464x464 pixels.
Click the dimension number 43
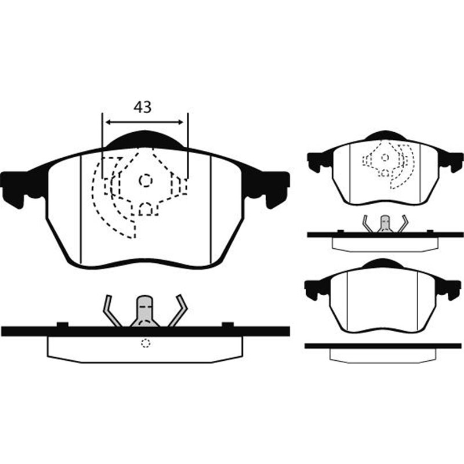[143, 107]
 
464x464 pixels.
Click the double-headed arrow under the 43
[145, 122]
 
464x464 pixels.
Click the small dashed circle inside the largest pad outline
[145, 180]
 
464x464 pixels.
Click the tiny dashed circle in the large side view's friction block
[145, 343]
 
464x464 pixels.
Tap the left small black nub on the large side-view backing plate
[63, 324]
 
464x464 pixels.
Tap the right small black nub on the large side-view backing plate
[228, 324]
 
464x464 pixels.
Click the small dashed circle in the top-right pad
[384, 158]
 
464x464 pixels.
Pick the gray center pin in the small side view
[384, 224]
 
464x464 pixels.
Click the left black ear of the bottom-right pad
[316, 287]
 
